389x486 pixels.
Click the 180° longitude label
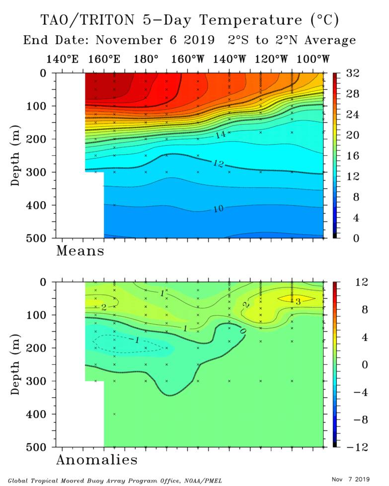coord(146,60)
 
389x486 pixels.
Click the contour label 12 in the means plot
coord(217,163)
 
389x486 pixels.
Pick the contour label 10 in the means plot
coord(218,209)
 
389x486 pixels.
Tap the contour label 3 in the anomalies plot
coord(298,301)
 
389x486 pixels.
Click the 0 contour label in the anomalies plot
coord(242,330)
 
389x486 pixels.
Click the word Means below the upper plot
coord(80,251)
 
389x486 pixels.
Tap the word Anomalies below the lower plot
coord(96,460)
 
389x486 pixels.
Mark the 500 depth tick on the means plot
coord(39,238)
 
